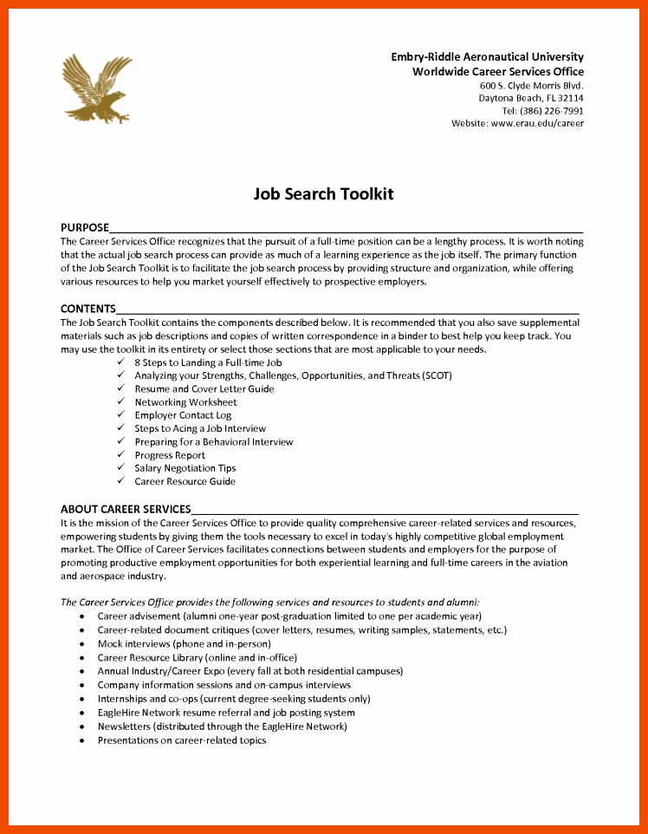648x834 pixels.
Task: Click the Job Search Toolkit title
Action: (323, 193)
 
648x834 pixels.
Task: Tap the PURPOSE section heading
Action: (85, 227)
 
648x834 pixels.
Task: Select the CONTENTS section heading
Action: (87, 309)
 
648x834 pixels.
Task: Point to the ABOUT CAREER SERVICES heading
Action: (126, 509)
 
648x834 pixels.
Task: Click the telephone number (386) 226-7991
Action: (542, 111)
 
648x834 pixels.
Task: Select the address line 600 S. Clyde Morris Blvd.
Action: (532, 86)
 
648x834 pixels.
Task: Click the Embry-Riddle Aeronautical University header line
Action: (487, 57)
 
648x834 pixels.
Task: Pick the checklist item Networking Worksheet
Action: (185, 402)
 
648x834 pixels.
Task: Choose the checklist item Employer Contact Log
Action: (183, 415)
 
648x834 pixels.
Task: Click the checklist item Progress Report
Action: (170, 455)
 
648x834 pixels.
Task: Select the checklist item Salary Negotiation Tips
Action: (185, 468)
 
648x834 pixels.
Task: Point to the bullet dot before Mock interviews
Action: (81, 644)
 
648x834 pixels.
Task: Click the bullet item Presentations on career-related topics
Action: (182, 740)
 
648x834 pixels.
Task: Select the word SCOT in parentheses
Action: (435, 375)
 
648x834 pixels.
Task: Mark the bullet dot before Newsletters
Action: (81, 726)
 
